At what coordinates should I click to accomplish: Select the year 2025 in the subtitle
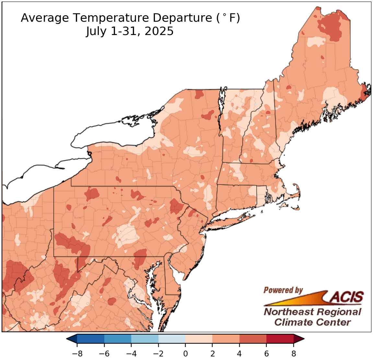159,31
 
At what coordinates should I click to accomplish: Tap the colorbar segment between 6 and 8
280,339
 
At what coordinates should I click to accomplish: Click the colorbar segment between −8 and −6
91,339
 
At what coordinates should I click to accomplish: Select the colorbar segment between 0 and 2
199,339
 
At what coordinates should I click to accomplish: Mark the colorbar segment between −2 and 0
172,339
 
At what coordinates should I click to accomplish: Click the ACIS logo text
347,296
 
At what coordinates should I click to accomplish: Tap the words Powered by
283,290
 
